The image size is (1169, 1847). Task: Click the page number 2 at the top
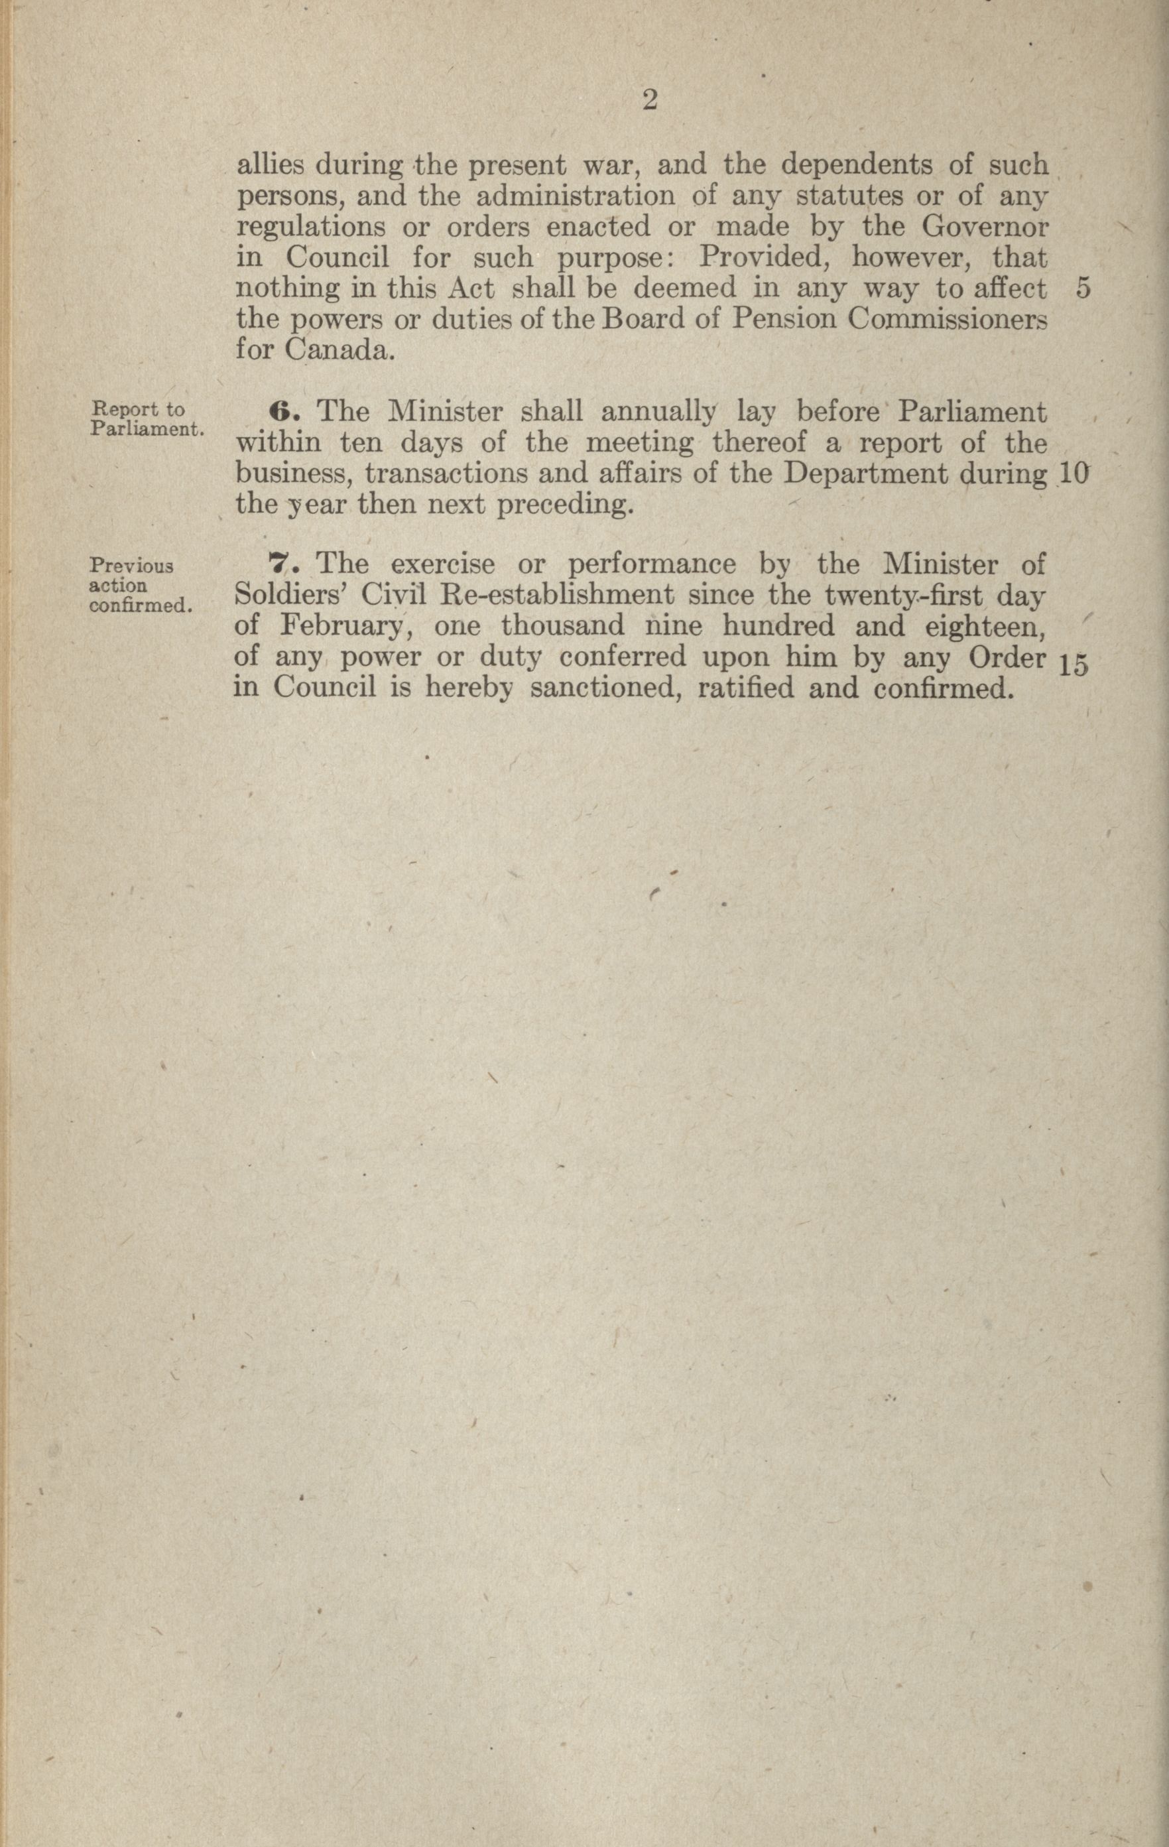pos(649,101)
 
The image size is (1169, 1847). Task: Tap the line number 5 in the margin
pos(1083,288)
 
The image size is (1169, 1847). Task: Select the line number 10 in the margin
pos(1072,474)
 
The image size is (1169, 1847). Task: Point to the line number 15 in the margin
pos(1072,666)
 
